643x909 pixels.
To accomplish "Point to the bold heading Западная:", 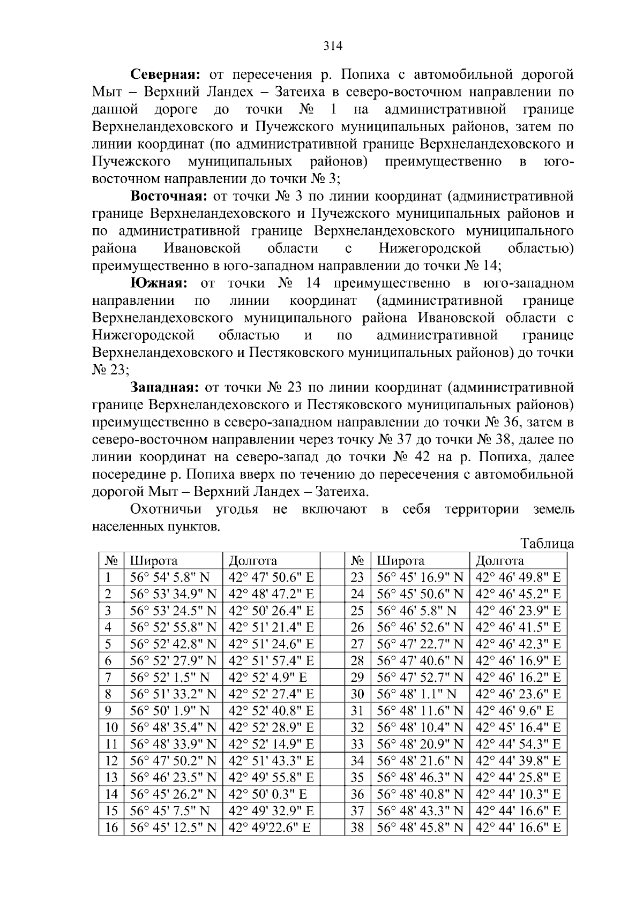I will point(165,387).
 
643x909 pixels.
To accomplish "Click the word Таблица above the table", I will point(547,544).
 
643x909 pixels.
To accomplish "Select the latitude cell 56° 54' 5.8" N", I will point(170,577).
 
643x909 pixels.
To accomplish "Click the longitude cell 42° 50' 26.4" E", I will point(271,611).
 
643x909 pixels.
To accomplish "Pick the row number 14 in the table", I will point(111,794).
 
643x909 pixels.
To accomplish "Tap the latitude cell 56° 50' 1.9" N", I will point(170,711).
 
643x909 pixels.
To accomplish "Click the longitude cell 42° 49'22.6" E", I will point(270,828).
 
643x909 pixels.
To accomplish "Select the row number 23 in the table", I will point(357,577).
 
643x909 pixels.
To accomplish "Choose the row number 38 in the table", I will point(357,828).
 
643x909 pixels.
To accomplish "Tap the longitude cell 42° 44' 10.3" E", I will point(518,794).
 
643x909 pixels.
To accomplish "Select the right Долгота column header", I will point(499,561).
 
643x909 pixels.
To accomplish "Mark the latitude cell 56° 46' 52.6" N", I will point(420,627).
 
